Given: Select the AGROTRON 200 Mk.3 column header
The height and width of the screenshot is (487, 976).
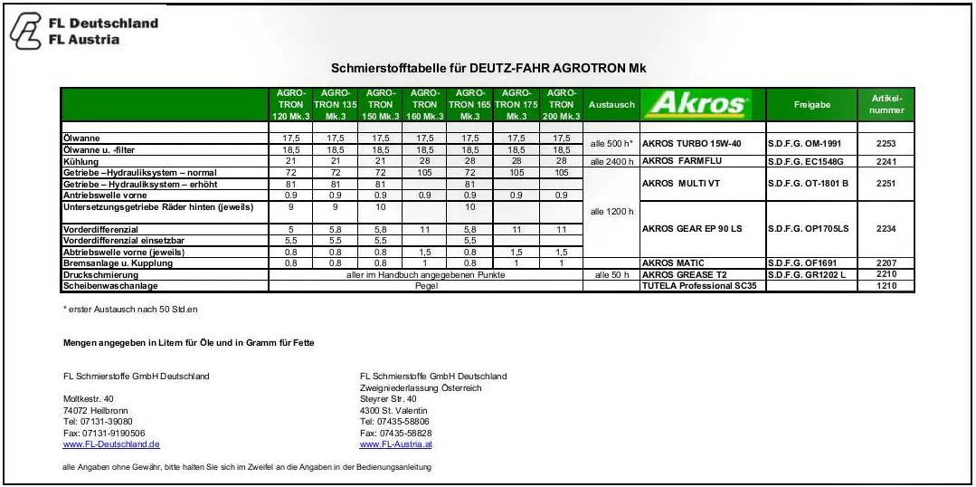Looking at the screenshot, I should pyautogui.click(x=561, y=105).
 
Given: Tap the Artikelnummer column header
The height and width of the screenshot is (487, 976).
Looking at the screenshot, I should pyautogui.click(x=886, y=104).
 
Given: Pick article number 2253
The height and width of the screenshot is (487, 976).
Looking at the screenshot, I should pyautogui.click(x=886, y=144).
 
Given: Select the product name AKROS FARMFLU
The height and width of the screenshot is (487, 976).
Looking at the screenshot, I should pyautogui.click(x=687, y=161).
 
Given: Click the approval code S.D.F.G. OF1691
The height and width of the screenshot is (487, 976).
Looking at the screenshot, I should pyautogui.click(x=802, y=263).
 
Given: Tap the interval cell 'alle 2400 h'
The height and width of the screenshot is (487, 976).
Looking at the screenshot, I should pyautogui.click(x=611, y=161).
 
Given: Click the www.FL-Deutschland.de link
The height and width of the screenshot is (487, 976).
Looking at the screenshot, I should pyautogui.click(x=111, y=444).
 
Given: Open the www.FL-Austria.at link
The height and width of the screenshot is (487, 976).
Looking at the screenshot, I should pyautogui.click(x=395, y=444).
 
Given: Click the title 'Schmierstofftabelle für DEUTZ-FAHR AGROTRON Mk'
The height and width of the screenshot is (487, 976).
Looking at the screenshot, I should pyautogui.click(x=488, y=69).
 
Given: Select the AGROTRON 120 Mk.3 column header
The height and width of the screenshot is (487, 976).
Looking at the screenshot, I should pyautogui.click(x=290, y=105).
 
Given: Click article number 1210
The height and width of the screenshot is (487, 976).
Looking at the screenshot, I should pyautogui.click(x=886, y=285).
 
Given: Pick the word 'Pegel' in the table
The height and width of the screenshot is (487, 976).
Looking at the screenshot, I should pyautogui.click(x=425, y=285).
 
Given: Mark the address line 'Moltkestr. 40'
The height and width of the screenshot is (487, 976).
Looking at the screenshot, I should pyautogui.click(x=89, y=398).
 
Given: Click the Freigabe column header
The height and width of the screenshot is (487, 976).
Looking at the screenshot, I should pyautogui.click(x=811, y=105).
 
